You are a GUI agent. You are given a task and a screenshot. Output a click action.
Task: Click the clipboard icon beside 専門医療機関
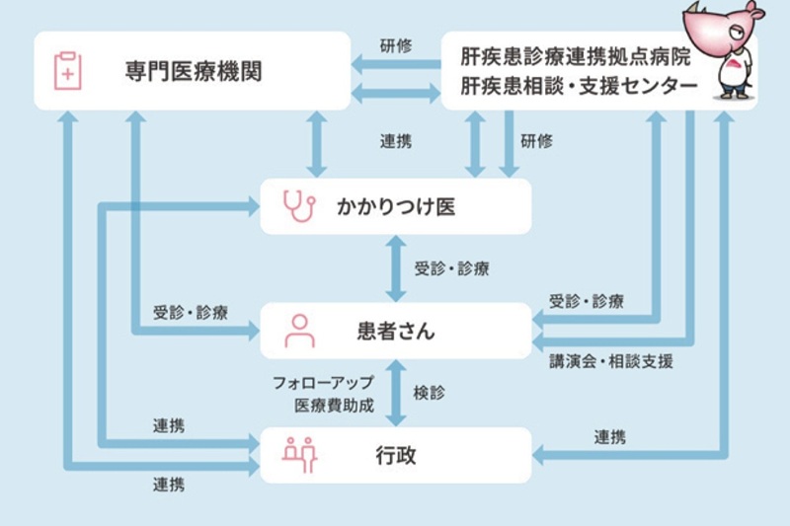tap(67, 71)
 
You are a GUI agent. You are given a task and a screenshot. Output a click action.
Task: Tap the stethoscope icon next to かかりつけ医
tap(297, 205)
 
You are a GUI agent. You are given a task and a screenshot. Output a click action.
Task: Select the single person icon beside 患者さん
tap(298, 331)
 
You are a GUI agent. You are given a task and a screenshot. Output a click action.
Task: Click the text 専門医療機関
tap(194, 71)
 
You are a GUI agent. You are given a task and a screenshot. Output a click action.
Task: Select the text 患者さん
tap(395, 331)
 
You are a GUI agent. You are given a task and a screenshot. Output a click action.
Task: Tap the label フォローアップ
tap(323, 381)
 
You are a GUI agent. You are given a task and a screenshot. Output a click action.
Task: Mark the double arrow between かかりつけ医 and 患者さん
tap(395, 267)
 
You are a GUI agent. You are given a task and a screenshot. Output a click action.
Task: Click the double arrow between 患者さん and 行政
tap(396, 392)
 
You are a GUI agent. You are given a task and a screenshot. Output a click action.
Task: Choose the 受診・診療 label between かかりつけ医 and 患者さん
tap(453, 268)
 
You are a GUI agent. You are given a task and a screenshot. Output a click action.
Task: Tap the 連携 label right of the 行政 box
tap(609, 436)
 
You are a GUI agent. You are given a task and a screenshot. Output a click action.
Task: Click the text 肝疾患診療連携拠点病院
tap(578, 55)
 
